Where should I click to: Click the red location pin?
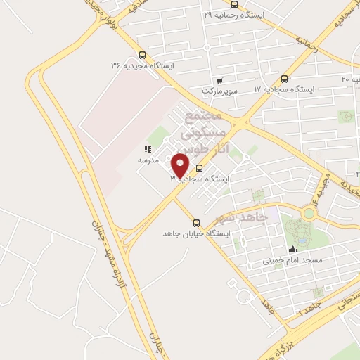click(181, 165)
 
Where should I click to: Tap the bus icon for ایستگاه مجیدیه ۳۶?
click(143, 55)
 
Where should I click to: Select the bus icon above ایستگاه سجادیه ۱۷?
click(283, 79)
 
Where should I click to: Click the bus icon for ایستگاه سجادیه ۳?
click(199, 169)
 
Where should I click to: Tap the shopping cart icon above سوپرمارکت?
click(220, 80)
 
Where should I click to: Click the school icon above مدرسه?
click(148, 149)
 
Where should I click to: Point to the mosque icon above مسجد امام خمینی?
click(292, 249)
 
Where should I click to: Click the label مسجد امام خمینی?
click(292, 260)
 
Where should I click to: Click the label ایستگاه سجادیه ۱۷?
click(283, 90)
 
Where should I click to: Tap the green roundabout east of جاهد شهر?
click(309, 212)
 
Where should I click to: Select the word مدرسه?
click(148, 160)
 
